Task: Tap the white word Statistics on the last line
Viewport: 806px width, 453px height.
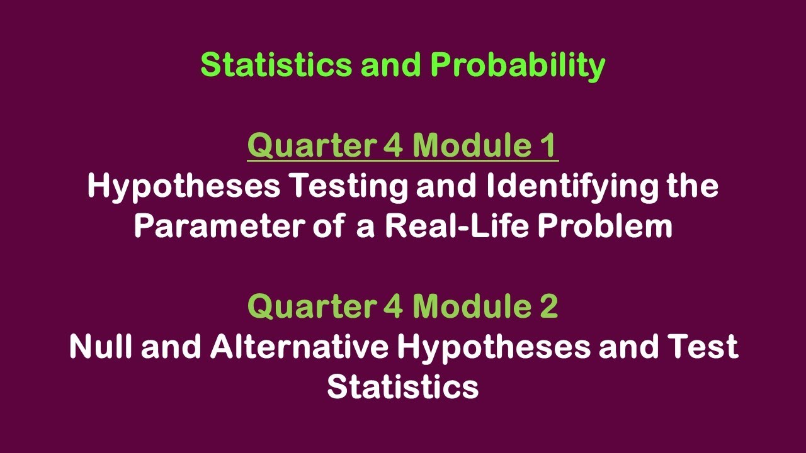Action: click(402, 386)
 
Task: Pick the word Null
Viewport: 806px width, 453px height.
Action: click(101, 347)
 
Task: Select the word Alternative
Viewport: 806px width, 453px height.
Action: click(300, 347)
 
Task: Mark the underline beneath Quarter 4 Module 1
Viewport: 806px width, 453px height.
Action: click(402, 162)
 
